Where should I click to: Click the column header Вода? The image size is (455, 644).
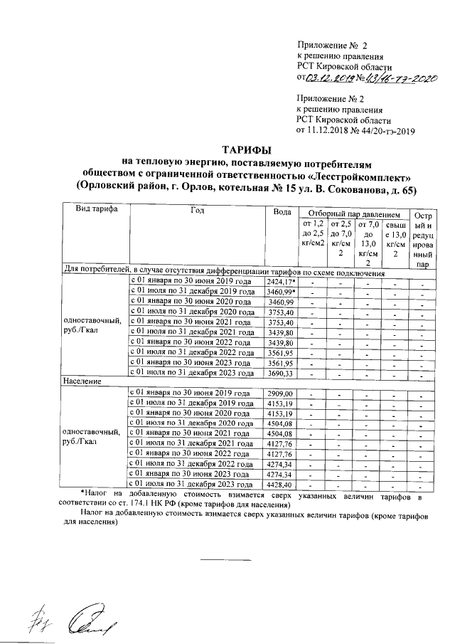282,211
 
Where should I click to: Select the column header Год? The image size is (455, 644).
198,211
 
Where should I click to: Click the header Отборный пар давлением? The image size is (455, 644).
350,213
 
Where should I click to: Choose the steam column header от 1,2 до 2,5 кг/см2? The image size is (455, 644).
313,233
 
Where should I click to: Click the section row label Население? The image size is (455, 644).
83,382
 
